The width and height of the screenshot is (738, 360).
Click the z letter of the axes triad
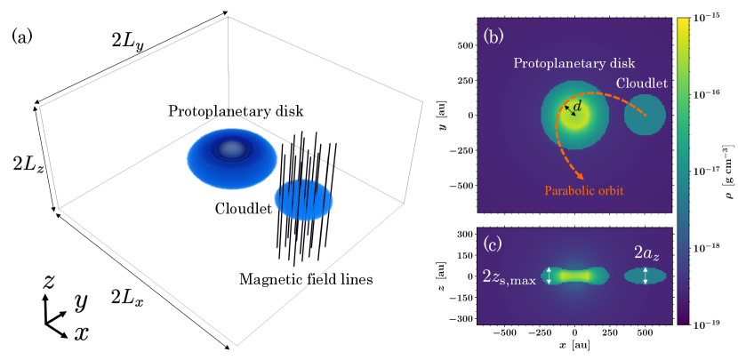[x=50, y=282]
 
